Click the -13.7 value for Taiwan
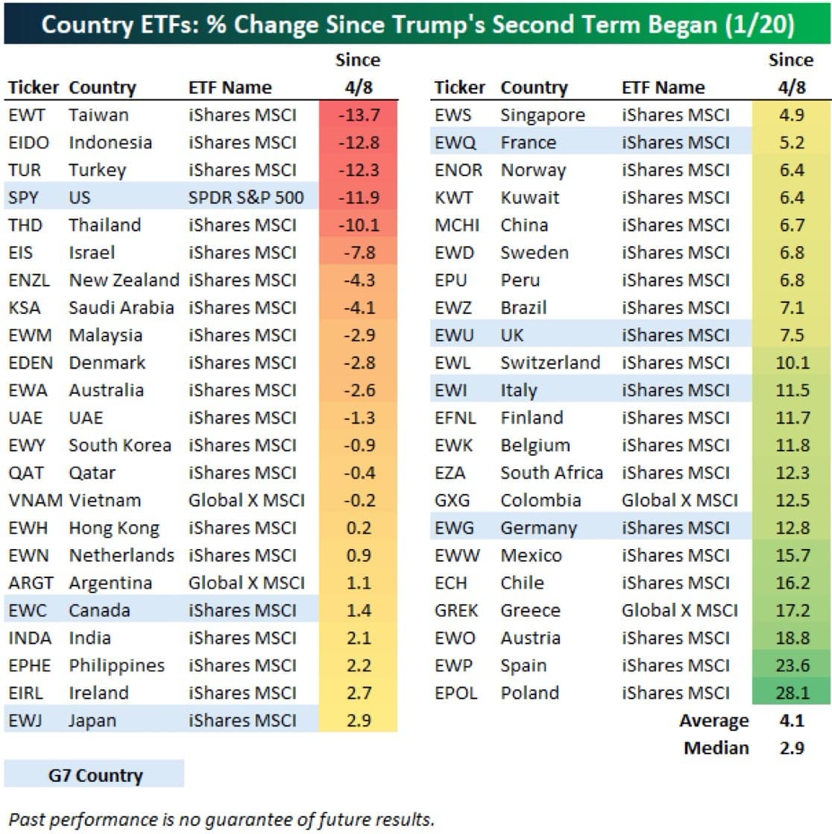[359, 115]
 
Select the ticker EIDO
[29, 142]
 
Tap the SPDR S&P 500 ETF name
[246, 198]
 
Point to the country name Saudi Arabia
[122, 307]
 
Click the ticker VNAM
[35, 500]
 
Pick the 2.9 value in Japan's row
[359, 720]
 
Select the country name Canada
[99, 610]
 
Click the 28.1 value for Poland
[792, 692]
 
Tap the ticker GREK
[456, 610]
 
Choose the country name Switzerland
[550, 363]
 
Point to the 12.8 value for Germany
[792, 527]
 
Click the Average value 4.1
[792, 720]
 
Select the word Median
[716, 747]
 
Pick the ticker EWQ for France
[455, 142]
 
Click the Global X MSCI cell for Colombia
[679, 500]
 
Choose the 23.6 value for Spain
[792, 665]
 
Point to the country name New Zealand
[125, 280]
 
